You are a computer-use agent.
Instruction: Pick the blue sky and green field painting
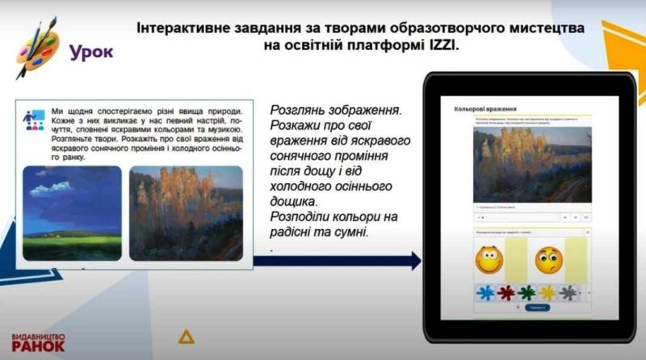click(72, 207)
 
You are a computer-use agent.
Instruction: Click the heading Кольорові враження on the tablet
click(485, 107)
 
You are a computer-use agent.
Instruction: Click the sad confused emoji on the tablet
click(548, 259)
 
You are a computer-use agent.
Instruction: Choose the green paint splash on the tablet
click(526, 292)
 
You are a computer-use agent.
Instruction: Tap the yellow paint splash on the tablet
click(548, 292)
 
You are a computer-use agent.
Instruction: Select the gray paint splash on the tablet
click(569, 292)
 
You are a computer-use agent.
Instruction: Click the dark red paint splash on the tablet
click(506, 292)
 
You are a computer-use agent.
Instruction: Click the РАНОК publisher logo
click(38, 345)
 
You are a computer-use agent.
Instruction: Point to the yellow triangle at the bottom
click(187, 336)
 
